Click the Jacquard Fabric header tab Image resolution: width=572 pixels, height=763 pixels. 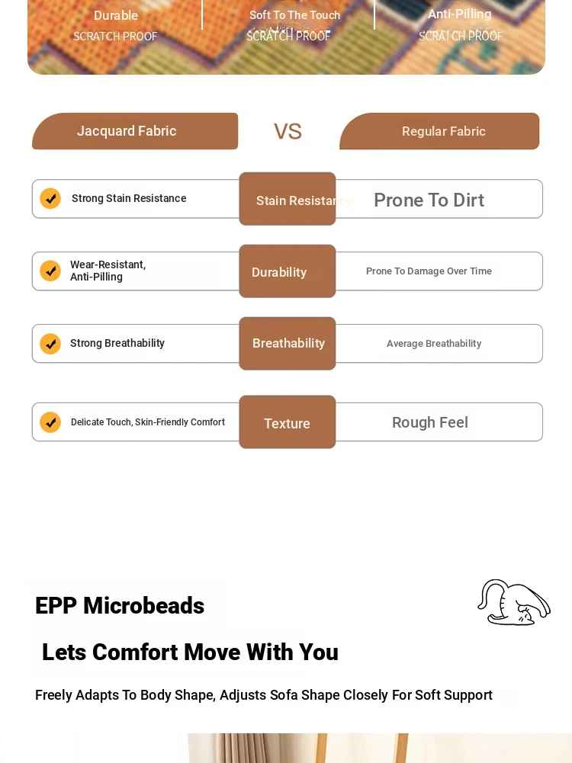tap(135, 131)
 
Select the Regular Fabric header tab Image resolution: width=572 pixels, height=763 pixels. tap(439, 131)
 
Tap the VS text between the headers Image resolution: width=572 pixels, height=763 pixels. tap(288, 131)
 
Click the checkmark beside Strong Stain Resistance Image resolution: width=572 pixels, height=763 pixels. tap(50, 198)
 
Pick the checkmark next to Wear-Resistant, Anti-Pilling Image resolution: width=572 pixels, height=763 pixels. tap(50, 271)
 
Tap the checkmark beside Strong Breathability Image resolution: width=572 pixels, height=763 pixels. tap(50, 344)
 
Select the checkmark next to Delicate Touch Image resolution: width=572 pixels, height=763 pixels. tap(50, 422)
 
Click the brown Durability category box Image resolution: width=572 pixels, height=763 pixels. tap(288, 271)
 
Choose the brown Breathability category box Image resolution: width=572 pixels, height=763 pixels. tap(288, 344)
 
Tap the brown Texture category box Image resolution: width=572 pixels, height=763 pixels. tap(288, 422)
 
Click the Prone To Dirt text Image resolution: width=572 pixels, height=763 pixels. tap(429, 200)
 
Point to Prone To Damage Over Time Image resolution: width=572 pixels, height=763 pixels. tap(429, 271)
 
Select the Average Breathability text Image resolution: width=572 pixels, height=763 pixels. tap(434, 344)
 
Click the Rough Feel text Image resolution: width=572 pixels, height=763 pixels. tap(430, 422)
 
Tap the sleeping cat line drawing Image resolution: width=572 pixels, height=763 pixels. tap(513, 602)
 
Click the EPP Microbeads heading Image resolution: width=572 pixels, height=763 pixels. tap(120, 606)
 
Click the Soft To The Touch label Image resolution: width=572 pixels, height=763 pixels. tap(294, 15)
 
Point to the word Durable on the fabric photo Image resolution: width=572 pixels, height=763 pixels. tap(116, 15)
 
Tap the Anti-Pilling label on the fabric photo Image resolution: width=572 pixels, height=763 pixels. tap(460, 14)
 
